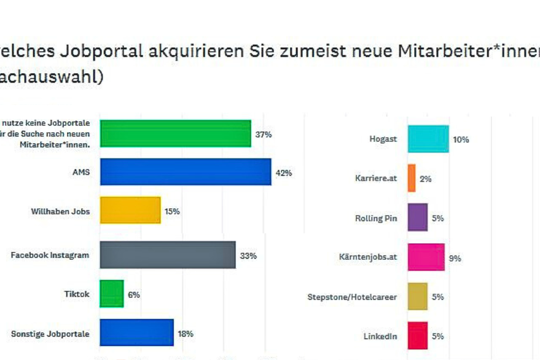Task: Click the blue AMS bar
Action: click(185, 172)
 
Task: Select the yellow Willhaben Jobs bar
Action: click(130, 211)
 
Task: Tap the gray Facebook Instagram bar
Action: click(167, 255)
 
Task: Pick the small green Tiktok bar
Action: click(111, 294)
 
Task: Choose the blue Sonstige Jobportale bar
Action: click(136, 333)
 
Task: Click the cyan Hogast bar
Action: click(428, 139)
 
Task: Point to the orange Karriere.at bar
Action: click(412, 178)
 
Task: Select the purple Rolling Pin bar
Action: click(417, 217)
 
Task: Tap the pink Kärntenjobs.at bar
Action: click(426, 257)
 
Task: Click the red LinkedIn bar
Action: click(417, 335)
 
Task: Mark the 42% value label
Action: click(284, 173)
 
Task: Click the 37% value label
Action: click(264, 134)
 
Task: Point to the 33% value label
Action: click(248, 256)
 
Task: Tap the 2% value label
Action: click(426, 179)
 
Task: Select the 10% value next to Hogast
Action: click(461, 139)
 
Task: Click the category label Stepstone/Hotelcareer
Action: click(352, 297)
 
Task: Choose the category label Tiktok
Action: click(77, 294)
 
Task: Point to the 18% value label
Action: click(186, 334)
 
